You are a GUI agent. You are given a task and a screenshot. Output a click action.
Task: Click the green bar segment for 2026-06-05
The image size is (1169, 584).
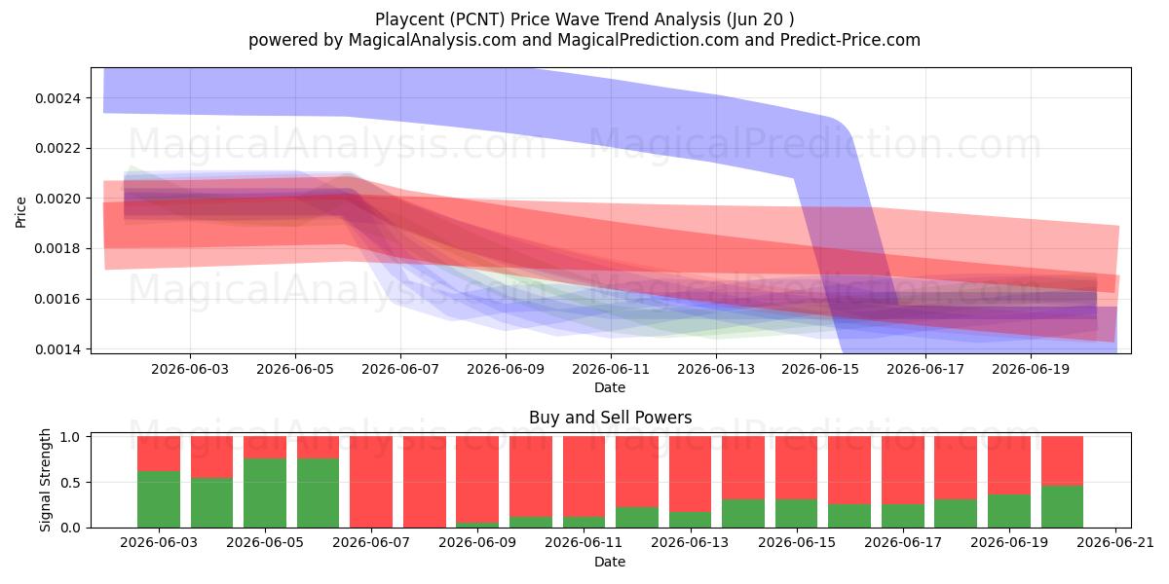point(265,493)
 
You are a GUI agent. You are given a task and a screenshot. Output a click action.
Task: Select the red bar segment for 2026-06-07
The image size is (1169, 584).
point(371,482)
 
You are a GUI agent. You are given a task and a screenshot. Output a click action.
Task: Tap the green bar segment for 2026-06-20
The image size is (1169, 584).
point(1063,506)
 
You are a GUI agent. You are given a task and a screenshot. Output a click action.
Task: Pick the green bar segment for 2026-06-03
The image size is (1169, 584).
point(159,499)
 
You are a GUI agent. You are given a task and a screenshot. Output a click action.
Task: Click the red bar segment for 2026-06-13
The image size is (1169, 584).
point(690,474)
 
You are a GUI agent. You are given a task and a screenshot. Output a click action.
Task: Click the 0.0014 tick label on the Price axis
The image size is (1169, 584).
point(57,349)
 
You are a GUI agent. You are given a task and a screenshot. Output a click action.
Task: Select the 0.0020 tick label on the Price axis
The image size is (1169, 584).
point(57,199)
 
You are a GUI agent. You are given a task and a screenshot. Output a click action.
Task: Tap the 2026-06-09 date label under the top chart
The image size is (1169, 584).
point(506,369)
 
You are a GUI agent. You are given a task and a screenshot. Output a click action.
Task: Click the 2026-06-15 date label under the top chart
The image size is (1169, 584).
point(820,369)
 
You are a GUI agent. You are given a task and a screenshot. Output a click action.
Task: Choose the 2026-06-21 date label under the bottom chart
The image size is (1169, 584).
point(1115,542)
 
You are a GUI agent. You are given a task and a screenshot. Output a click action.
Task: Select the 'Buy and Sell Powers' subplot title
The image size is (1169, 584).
point(610,418)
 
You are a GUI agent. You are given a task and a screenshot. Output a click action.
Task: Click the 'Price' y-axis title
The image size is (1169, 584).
point(20,212)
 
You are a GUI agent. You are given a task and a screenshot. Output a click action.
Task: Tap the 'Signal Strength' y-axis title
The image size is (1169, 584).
point(46,480)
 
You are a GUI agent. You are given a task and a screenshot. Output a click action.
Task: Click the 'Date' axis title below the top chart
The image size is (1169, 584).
point(610,387)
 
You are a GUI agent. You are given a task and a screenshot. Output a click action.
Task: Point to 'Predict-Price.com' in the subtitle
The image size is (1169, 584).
point(850,40)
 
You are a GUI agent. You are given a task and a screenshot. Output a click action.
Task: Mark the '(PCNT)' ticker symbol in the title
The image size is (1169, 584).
point(476,19)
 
